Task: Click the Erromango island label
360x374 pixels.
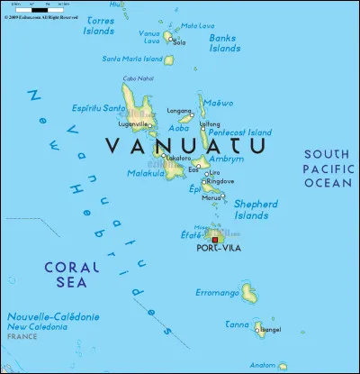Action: coord(217,293)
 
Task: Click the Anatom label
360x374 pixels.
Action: coord(264,365)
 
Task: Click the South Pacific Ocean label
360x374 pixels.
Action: coord(327,169)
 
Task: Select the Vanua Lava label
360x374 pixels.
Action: coord(149,37)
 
